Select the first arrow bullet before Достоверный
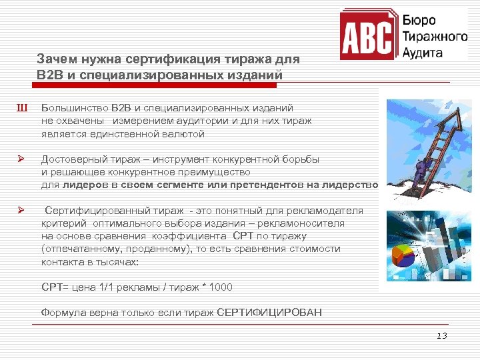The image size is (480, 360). (x=21, y=159)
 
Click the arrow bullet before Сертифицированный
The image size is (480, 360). (x=21, y=211)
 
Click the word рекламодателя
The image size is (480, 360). (x=329, y=211)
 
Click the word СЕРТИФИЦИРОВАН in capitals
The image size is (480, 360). (x=269, y=312)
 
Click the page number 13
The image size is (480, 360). (x=442, y=335)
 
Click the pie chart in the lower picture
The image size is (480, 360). (x=402, y=257)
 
